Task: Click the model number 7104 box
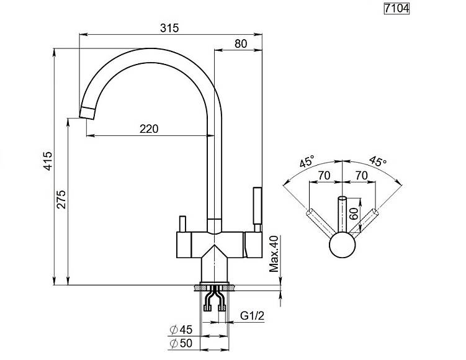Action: tap(397, 8)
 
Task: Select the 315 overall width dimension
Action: tap(169, 28)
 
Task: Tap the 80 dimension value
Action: tap(241, 43)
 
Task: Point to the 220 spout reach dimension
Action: tap(149, 129)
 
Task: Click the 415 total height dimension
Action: tap(48, 161)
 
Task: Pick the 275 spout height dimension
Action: tap(61, 199)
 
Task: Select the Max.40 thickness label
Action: tap(274, 254)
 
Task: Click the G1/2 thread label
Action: tap(252, 316)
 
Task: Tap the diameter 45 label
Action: tap(181, 330)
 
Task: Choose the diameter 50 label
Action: tap(181, 343)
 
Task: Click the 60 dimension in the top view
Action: tap(354, 214)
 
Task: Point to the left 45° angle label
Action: tap(307, 161)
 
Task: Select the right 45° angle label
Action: tap(378, 161)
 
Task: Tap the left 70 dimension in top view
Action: tap(325, 176)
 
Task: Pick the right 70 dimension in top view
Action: tap(361, 176)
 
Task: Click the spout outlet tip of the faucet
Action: tap(87, 113)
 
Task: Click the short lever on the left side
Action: tap(182, 224)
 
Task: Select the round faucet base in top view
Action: tap(343, 245)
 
